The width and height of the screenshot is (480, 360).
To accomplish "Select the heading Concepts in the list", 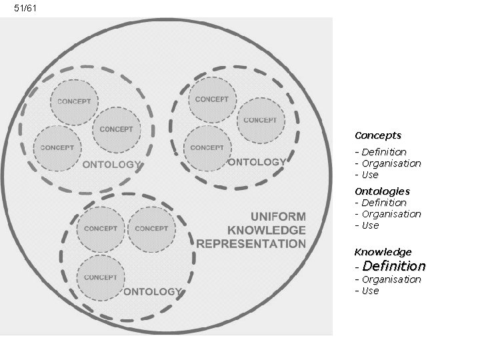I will click(x=377, y=135).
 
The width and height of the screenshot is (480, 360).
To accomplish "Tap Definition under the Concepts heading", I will click(x=383, y=151).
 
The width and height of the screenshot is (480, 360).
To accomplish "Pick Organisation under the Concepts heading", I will click(x=391, y=163).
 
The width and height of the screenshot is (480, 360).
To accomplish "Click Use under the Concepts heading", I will click(x=370, y=175).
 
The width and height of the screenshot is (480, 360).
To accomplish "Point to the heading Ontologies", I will click(x=382, y=191).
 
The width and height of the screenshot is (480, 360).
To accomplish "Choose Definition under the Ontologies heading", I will click(x=383, y=202).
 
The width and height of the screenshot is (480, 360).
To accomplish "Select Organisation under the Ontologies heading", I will click(x=391, y=214).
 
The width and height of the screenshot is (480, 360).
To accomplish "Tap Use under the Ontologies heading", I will click(x=370, y=225).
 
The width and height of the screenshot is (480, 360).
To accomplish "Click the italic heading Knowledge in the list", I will click(x=383, y=252).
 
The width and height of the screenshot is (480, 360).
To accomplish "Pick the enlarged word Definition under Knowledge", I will click(x=394, y=266).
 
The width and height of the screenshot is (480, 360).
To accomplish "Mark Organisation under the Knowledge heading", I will click(x=391, y=279).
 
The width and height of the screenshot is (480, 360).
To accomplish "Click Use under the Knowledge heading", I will click(x=370, y=291).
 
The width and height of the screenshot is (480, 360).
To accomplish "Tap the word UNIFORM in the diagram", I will click(x=278, y=217).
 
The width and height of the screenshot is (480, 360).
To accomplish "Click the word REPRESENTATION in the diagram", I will click(x=251, y=243).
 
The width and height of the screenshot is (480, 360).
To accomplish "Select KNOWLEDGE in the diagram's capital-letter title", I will click(x=267, y=230).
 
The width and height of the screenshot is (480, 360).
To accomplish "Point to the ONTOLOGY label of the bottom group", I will click(x=153, y=291).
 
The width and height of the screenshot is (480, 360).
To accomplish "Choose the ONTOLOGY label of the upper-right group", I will click(x=257, y=162).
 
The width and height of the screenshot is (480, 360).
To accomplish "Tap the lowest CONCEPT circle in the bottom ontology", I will click(x=101, y=277).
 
